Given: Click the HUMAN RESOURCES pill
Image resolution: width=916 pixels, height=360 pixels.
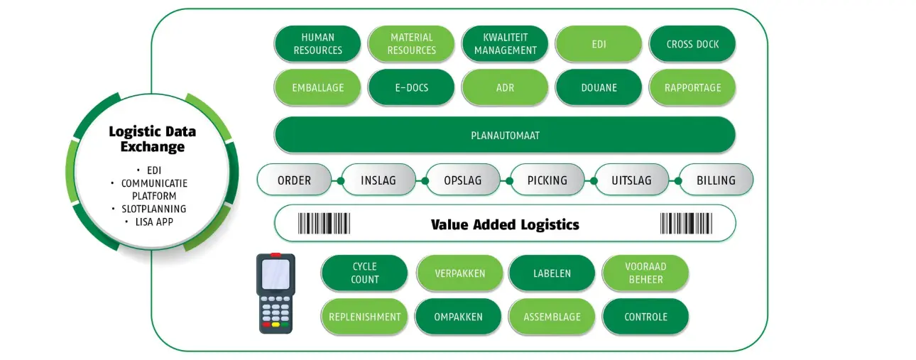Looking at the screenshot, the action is [x=317, y=44].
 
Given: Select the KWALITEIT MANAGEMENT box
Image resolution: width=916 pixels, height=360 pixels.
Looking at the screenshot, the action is [x=505, y=44].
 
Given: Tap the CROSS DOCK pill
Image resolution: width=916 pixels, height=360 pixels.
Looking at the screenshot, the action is [x=692, y=44].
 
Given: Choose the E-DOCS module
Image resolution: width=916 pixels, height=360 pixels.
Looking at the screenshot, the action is [x=411, y=87].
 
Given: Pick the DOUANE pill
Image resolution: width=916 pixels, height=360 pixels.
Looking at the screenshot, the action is [x=599, y=87].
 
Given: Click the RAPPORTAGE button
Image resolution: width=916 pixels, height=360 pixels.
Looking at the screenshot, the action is [x=692, y=87].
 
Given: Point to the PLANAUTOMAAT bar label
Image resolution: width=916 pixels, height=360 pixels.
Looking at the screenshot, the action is [x=505, y=136].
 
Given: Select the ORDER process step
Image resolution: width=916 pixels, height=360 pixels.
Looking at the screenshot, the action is [x=294, y=180].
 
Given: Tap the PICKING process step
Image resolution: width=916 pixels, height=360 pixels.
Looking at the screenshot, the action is [x=547, y=180].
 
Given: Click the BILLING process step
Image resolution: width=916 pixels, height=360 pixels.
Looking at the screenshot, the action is [x=716, y=180].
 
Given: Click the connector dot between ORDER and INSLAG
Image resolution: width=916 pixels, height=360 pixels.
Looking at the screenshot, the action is [x=341, y=180].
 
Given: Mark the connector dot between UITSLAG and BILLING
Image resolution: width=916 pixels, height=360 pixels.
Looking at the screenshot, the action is [x=678, y=180].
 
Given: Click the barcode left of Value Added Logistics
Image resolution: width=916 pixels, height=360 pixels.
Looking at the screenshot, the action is [x=324, y=224].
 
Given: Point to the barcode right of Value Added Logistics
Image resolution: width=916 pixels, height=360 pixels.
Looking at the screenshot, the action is [x=686, y=224].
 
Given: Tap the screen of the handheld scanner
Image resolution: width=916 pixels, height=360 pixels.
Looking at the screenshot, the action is [x=276, y=273].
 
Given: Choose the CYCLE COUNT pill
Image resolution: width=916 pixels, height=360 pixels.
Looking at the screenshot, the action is [x=364, y=273].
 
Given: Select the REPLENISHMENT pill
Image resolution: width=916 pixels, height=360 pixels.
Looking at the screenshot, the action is [x=364, y=317].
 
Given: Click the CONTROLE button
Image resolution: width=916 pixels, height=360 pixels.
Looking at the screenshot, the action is [x=645, y=317].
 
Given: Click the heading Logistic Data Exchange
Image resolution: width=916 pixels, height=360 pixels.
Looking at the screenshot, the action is [x=153, y=138].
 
